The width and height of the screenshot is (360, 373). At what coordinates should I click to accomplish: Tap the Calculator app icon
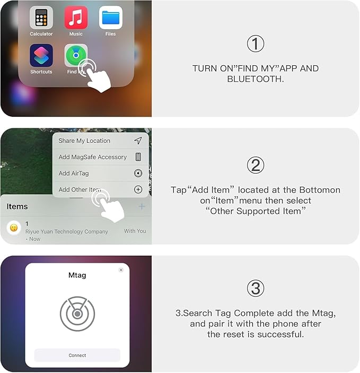click(x=41, y=18)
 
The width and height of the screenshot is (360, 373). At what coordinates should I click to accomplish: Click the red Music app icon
click(x=76, y=18)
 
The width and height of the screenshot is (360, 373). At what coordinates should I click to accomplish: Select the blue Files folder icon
click(x=110, y=18)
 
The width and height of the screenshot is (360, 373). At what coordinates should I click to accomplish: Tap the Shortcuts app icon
click(x=41, y=56)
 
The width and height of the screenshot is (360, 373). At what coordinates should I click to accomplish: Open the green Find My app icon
click(x=75, y=56)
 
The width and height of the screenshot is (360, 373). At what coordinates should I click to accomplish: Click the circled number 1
click(x=256, y=44)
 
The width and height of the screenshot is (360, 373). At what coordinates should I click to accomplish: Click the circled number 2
click(x=256, y=166)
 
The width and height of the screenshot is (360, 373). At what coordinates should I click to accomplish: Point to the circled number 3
click(x=256, y=288)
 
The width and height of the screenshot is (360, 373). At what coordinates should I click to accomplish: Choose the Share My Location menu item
click(x=84, y=141)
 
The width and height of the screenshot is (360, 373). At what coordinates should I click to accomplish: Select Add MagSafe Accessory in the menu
click(x=92, y=157)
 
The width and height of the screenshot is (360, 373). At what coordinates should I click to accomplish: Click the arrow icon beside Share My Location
click(x=138, y=141)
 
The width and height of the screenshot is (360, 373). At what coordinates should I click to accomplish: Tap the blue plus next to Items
click(x=142, y=206)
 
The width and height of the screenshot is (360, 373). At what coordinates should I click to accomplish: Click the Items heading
click(x=17, y=206)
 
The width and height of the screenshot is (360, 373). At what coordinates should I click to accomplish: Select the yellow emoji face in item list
click(x=14, y=228)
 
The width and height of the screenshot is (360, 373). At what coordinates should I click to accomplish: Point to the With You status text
click(x=135, y=231)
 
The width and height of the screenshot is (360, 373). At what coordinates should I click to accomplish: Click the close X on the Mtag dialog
click(x=121, y=270)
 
